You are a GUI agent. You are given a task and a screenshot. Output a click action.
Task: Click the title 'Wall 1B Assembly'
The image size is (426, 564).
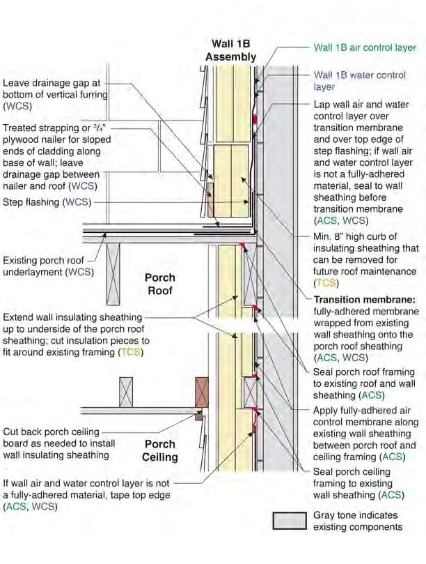[x=230, y=50]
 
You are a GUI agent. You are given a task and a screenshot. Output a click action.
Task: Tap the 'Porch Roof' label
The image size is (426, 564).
[x=160, y=284]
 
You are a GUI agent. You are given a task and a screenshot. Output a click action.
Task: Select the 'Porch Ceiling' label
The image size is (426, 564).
[x=160, y=450]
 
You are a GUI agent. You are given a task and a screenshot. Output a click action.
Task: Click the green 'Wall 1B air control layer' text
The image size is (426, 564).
[x=365, y=47]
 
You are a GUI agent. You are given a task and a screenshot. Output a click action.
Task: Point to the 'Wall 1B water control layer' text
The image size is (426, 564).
[x=360, y=81]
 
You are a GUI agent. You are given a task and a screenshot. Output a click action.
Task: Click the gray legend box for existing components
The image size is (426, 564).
[x=290, y=521]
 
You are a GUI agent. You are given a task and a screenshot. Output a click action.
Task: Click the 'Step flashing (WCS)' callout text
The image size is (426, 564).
[x=47, y=202]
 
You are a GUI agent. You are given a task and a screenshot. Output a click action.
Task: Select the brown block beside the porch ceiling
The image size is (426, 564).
[x=201, y=392]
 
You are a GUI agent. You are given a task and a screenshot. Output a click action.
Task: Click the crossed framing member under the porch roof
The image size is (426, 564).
[x=113, y=274]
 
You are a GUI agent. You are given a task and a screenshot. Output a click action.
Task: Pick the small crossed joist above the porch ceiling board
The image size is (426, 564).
[x=126, y=392]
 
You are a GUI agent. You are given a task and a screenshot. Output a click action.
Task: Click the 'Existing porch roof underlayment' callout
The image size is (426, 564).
[x=48, y=266]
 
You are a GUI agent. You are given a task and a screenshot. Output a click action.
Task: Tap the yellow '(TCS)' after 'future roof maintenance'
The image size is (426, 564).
[x=326, y=283]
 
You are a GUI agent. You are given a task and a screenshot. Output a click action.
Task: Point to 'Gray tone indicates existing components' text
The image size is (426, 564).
[x=358, y=521]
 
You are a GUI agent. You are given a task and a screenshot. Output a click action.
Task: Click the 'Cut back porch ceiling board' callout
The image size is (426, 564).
[x=59, y=443]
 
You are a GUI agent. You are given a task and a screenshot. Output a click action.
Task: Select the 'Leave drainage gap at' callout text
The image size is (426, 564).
[x=52, y=83]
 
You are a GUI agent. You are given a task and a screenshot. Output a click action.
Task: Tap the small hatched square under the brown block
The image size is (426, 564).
[x=198, y=416]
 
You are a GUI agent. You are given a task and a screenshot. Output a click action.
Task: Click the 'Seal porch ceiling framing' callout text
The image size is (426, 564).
[x=358, y=483]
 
